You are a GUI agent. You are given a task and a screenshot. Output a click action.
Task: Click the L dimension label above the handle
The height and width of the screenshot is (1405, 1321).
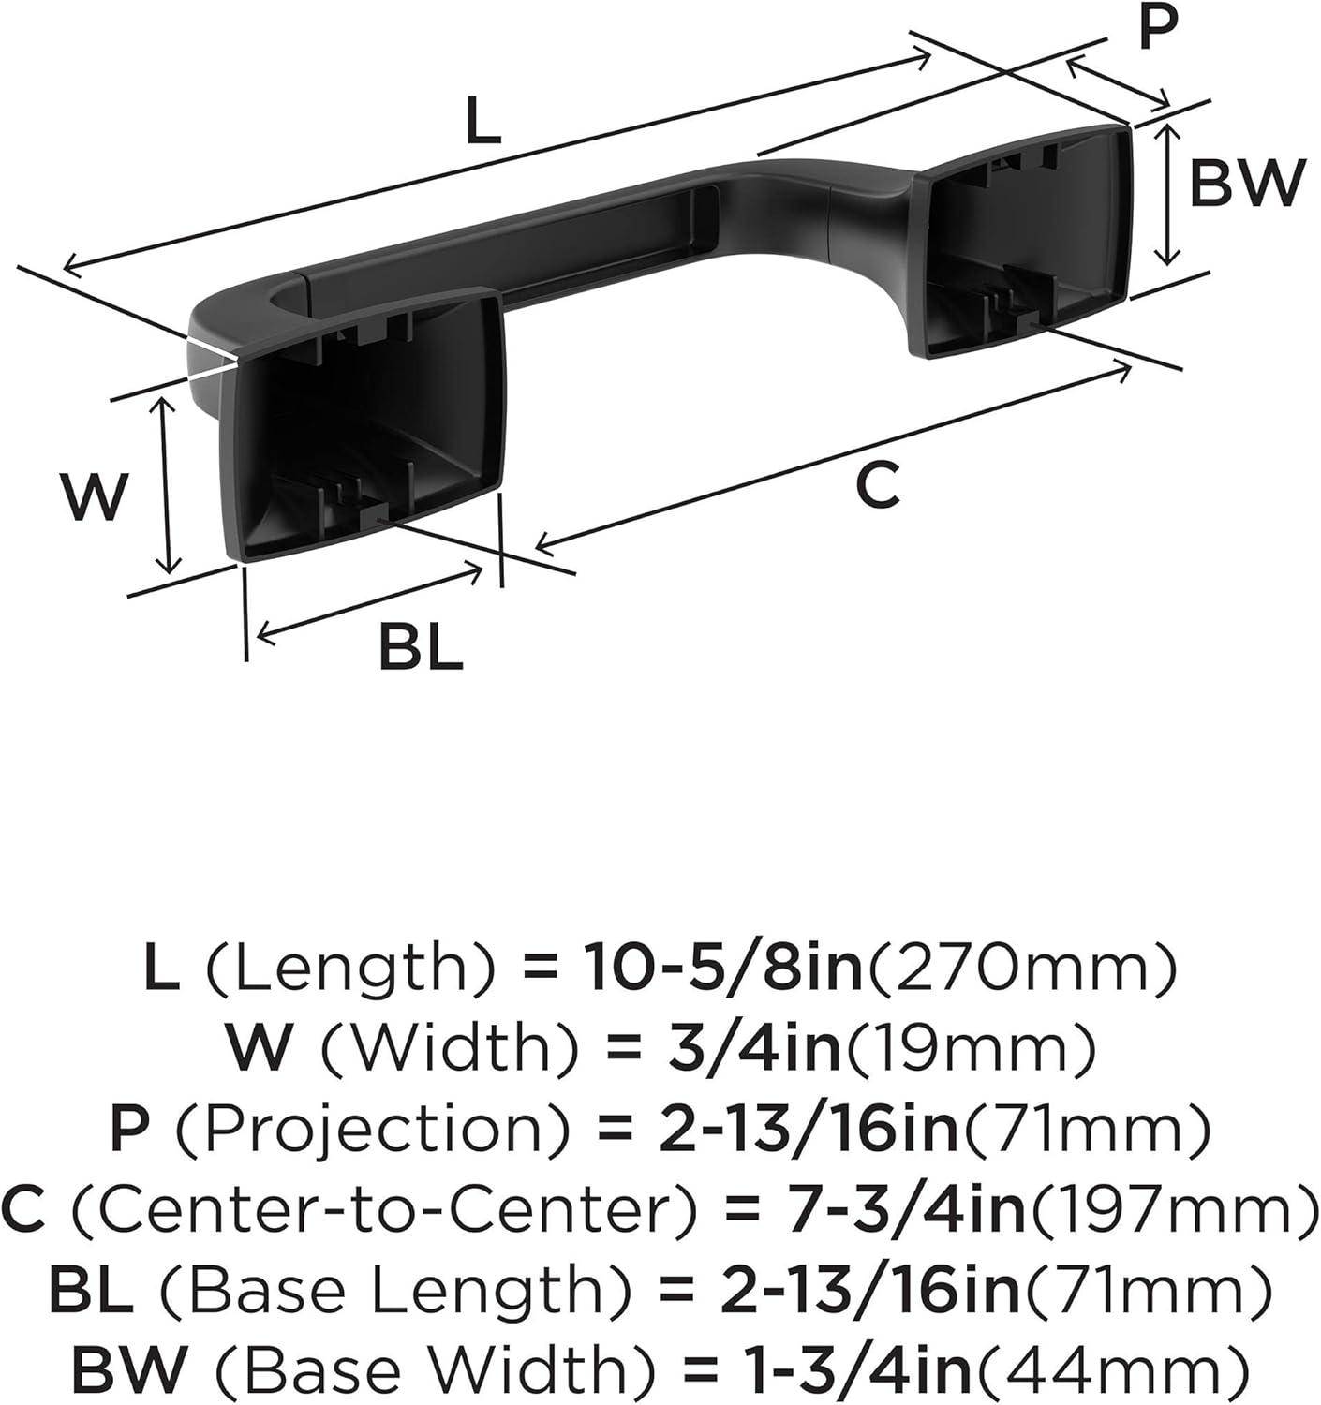point(484,121)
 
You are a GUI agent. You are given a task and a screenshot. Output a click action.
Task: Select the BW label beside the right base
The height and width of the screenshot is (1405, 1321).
point(1247,184)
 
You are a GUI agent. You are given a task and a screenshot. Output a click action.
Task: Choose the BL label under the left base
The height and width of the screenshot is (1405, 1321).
point(421,646)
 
